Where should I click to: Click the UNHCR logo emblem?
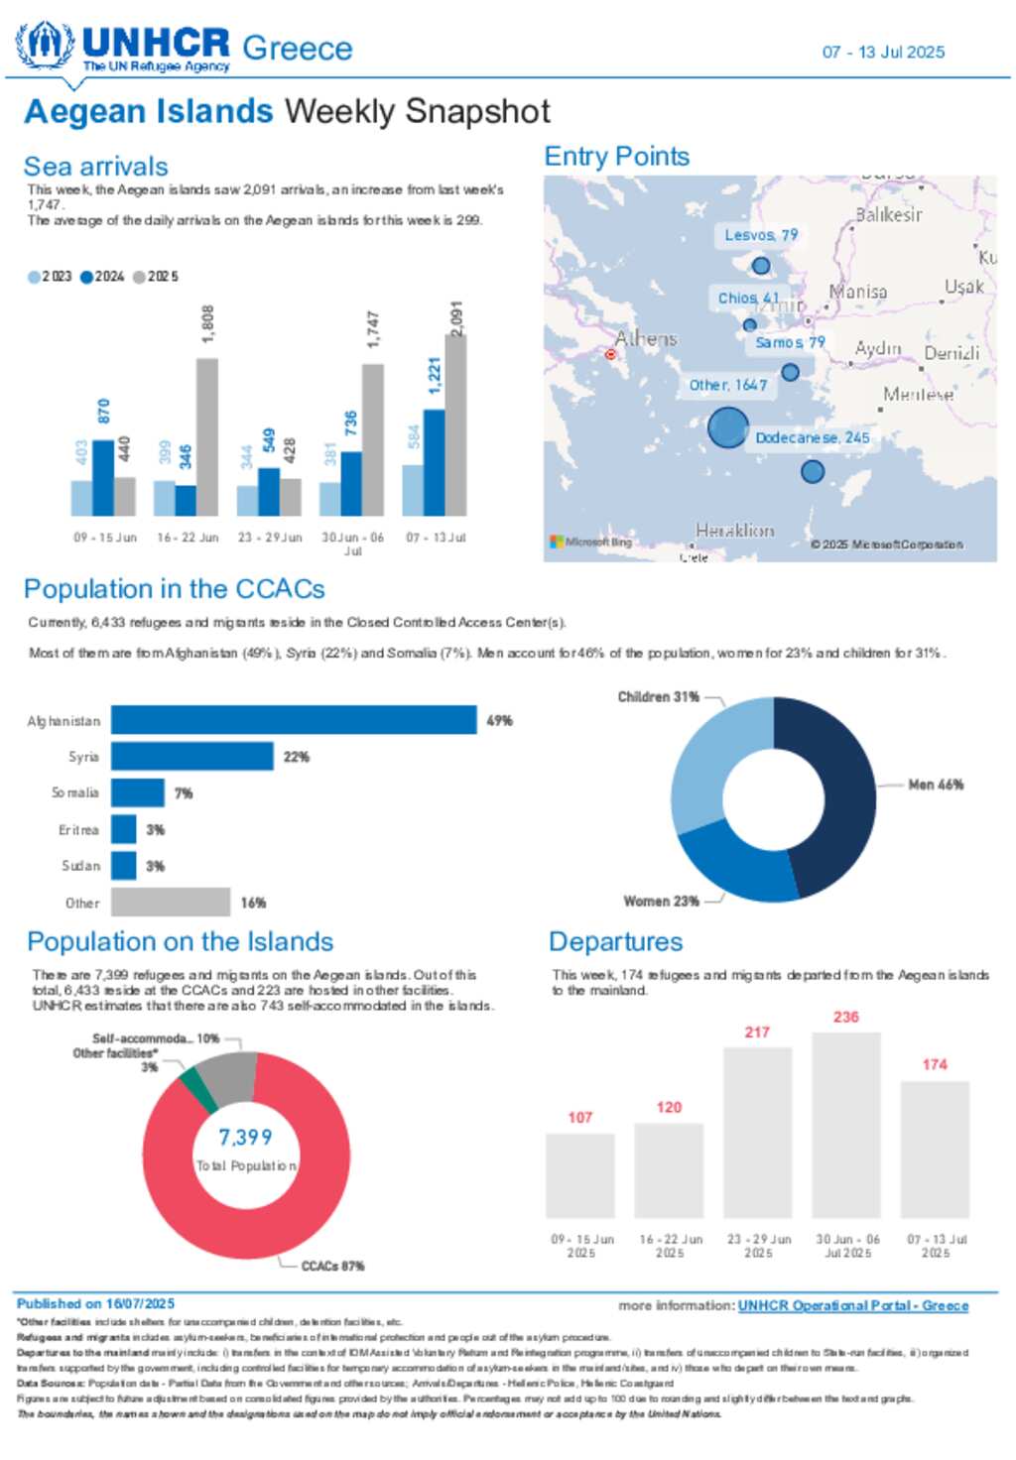[44, 45]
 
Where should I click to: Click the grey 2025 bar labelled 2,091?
[455, 426]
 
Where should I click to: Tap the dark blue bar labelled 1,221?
[434, 462]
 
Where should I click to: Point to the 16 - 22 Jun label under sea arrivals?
[188, 538]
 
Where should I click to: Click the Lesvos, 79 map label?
[761, 235]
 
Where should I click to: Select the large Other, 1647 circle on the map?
[727, 428]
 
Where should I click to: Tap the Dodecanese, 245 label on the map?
[812, 437]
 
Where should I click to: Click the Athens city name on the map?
[646, 339]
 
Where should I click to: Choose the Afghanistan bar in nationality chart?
[294, 720]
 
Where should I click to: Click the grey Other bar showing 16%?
[171, 903]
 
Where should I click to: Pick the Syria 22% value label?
[297, 757]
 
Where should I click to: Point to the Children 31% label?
[658, 697]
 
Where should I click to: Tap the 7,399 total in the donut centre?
[245, 1137]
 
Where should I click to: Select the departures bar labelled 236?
[846, 1125]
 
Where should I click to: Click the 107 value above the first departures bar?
[580, 1118]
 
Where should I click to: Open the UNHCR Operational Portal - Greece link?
[852, 1305]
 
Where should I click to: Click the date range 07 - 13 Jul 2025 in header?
[883, 53]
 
